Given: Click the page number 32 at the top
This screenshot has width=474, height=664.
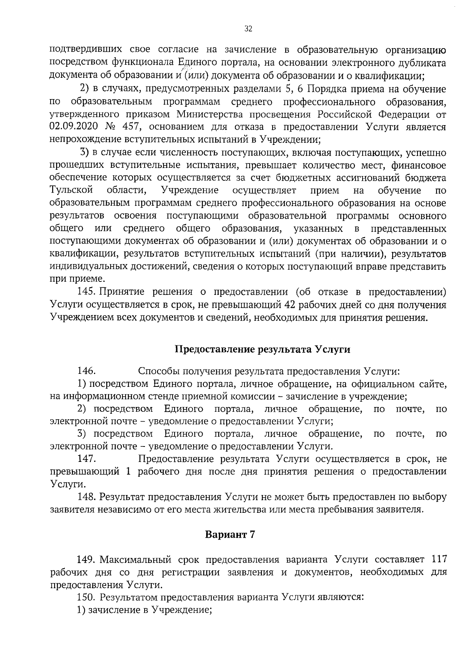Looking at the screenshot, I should (x=248, y=29).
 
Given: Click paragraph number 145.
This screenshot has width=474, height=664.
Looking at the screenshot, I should (x=86, y=292).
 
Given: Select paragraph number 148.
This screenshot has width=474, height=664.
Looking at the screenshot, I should (x=86, y=497).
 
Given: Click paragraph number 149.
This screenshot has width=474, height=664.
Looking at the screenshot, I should (x=86, y=559).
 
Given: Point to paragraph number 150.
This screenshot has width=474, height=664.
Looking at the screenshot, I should (x=86, y=597).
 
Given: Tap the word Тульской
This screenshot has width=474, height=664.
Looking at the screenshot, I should (x=71, y=190).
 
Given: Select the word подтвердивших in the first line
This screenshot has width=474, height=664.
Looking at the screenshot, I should (x=87, y=50).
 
